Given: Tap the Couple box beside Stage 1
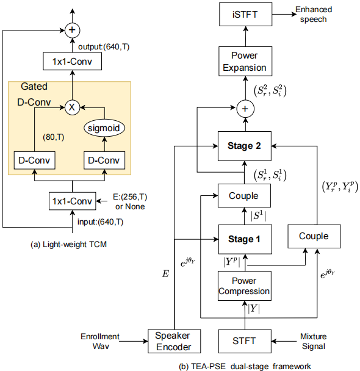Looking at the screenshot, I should coord(314,236).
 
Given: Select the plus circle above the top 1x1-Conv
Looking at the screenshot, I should coord(72,28).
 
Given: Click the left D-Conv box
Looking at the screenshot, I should coord(35,161).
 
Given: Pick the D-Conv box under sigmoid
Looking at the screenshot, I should coord(104,161).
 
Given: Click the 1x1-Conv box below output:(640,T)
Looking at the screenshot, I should coord(72,60).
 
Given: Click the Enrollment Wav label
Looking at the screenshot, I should coord(101,340).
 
